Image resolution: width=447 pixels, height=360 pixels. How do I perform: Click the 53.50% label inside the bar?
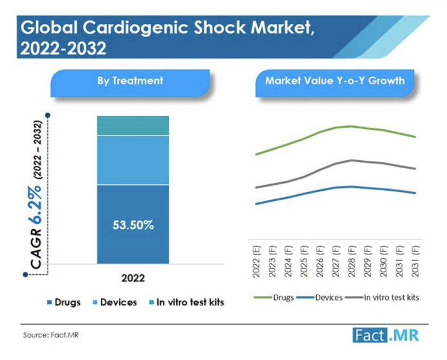coord(133,226)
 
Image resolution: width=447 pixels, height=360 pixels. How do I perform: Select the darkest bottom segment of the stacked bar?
coord(133,246)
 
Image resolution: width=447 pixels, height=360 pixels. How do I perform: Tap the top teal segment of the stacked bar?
coord(133,125)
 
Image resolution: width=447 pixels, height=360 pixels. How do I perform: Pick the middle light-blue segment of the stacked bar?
coord(133,160)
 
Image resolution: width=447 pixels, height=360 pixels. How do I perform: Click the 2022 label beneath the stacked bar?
coord(133,278)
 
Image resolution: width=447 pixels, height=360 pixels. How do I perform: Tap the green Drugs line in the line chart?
coord(300,139)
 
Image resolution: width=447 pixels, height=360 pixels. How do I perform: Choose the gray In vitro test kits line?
coord(300,178)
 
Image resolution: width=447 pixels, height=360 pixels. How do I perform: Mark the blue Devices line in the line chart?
coord(300,194)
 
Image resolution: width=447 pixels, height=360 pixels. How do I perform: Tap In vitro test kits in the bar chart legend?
coord(190,302)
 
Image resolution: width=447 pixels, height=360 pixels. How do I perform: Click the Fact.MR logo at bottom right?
coord(386,335)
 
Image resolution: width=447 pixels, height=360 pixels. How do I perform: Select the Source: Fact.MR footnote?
coord(51,335)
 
